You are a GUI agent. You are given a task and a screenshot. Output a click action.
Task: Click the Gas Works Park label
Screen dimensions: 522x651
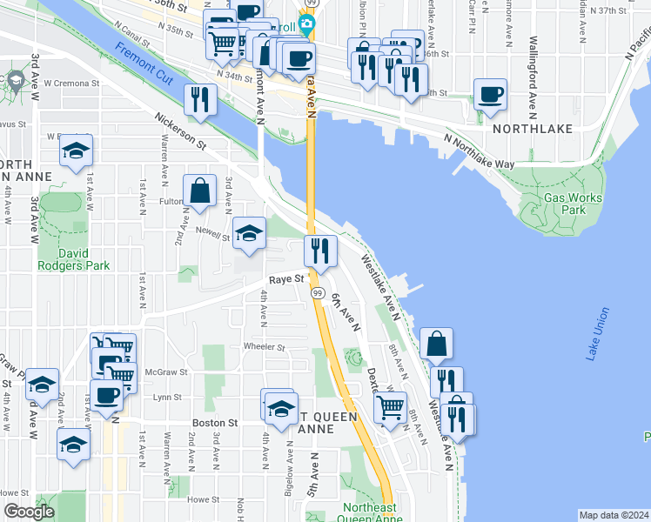pos(573,204)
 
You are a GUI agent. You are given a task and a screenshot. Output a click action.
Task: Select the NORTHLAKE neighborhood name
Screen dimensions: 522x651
pos(532,128)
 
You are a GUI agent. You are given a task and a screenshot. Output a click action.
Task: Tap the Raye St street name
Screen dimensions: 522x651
pos(285,279)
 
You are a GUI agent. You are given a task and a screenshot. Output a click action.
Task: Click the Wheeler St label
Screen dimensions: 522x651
pos(265,346)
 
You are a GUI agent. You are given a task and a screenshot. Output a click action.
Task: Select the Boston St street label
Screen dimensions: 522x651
pos(215,423)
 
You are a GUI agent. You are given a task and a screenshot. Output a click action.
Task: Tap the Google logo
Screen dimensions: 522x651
pos(29,512)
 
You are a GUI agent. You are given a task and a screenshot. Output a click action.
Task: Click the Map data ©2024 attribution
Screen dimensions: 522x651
pos(614,515)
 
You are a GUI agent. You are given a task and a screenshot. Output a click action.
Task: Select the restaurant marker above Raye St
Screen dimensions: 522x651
pos(320,251)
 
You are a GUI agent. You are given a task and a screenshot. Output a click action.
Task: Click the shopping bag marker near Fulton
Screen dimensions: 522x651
pos(200,191)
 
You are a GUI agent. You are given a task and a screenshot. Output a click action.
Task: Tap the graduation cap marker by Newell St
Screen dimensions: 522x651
pos(249,233)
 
